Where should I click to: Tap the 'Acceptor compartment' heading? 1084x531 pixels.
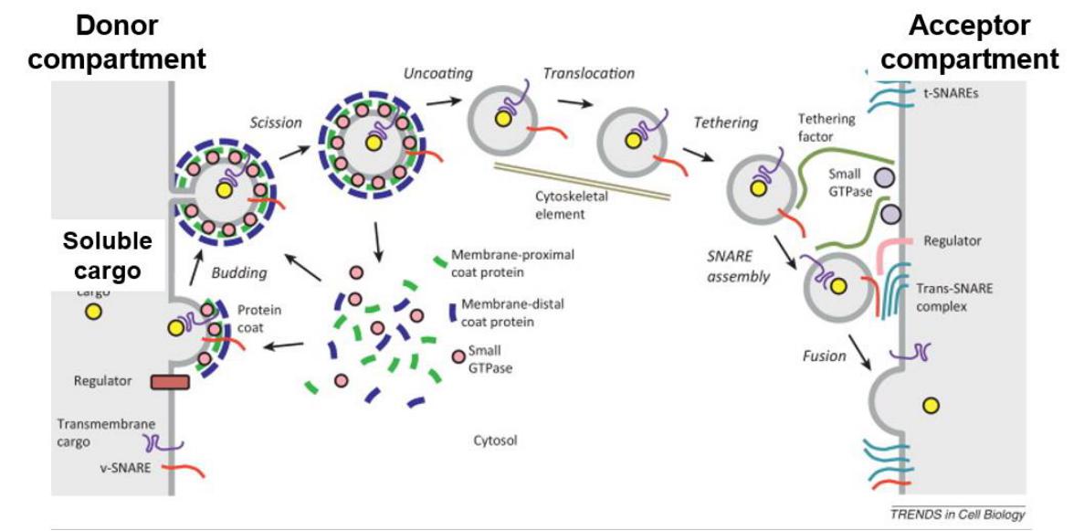[x=969, y=43]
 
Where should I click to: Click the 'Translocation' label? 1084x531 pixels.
[x=588, y=72]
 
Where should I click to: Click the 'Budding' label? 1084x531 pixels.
[x=238, y=272]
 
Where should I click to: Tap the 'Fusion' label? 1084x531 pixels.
[x=824, y=356]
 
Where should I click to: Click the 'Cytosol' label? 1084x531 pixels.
[x=495, y=441]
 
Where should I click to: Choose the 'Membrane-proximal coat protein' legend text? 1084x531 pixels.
[x=517, y=263]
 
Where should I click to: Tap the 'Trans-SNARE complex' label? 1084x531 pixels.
[x=953, y=297]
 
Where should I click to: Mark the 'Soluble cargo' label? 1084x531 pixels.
[x=107, y=257]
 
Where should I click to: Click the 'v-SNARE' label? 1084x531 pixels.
[x=126, y=468]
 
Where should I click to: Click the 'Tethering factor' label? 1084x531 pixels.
[x=826, y=128]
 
